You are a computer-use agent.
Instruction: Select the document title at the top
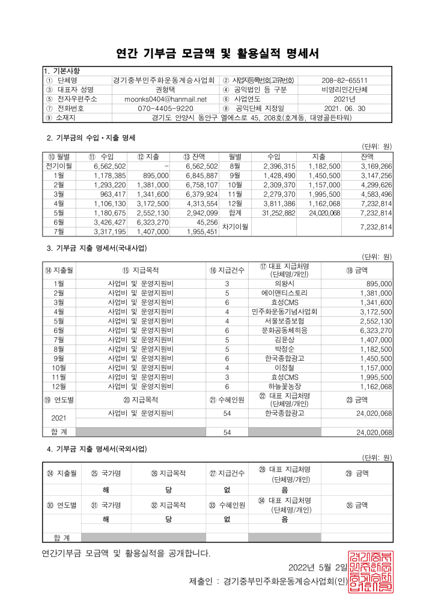[x=218, y=53]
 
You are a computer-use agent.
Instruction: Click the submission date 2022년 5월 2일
[x=318, y=568]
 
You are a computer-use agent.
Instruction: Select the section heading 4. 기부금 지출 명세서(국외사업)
[x=97, y=449]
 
